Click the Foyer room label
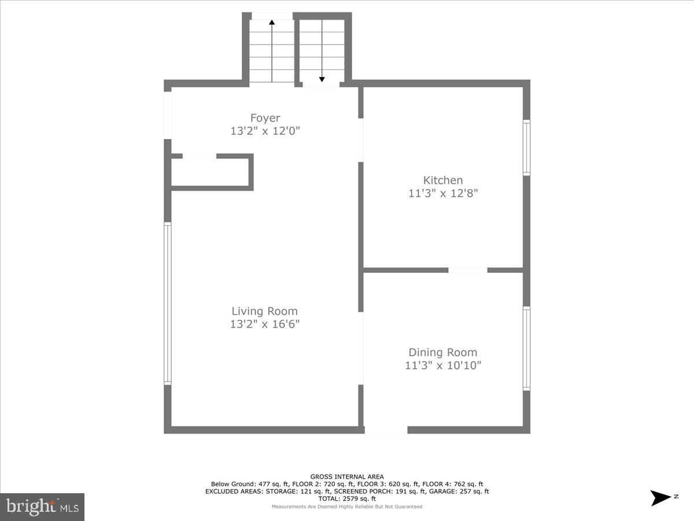tap(265, 118)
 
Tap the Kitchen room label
tap(443, 180)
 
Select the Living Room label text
tap(265, 311)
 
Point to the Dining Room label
tap(443, 352)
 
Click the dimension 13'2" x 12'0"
tap(265, 131)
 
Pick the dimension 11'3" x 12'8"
tap(443, 193)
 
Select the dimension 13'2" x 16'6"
tap(265, 324)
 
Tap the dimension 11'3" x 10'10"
tap(443, 365)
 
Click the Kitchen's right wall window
tap(526, 148)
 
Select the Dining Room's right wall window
tap(526, 348)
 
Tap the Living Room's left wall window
tap(168, 304)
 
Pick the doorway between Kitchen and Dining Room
tap(468, 270)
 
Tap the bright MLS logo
tap(42, 507)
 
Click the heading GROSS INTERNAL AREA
tap(347, 477)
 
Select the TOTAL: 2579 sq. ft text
tap(347, 498)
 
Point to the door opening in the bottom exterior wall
tap(386, 430)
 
